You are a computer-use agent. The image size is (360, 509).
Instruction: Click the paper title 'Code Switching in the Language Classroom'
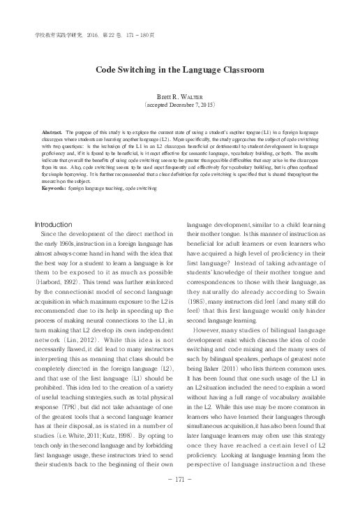(x=180, y=70)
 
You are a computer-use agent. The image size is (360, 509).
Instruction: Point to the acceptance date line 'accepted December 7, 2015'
(x=179, y=108)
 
